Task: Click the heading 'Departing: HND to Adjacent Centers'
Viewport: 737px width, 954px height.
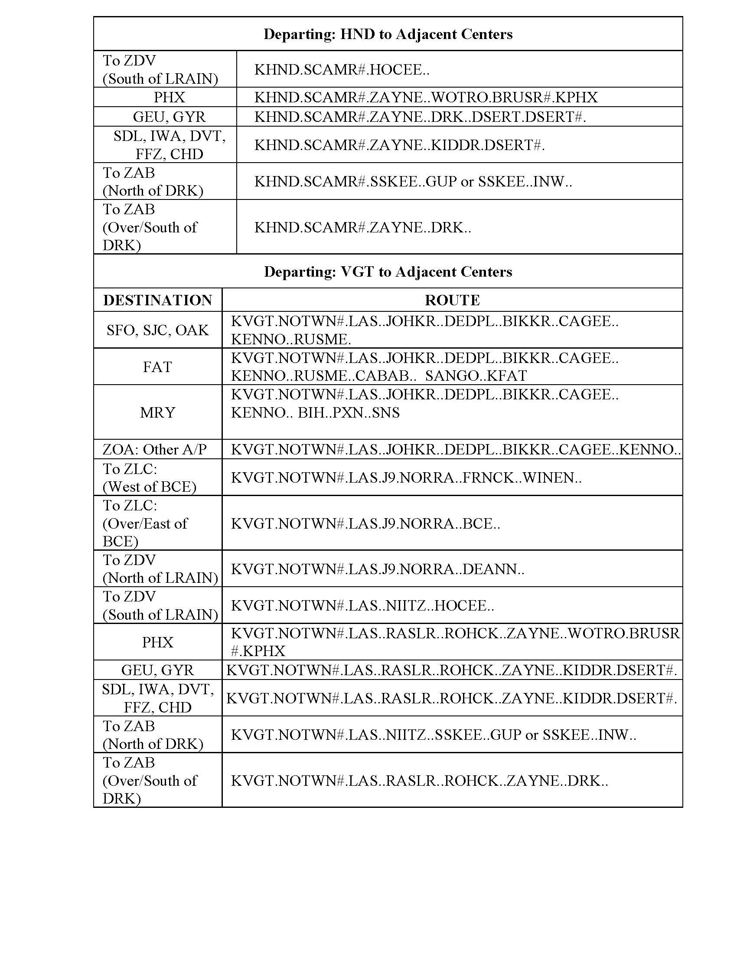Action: (388, 34)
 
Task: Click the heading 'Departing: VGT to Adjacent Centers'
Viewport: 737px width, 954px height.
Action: (388, 272)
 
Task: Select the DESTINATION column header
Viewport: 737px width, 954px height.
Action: (158, 300)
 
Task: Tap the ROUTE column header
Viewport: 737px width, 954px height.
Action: (452, 300)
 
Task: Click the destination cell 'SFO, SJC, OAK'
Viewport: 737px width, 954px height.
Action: (158, 330)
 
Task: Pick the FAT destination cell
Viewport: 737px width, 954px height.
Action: (158, 367)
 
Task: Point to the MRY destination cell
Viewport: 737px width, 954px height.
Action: (158, 412)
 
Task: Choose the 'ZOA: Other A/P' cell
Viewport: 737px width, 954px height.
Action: (155, 450)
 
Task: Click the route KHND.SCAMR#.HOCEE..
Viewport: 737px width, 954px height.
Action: (342, 69)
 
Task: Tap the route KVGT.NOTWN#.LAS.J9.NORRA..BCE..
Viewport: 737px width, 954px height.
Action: (365, 523)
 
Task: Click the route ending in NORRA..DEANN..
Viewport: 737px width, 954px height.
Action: (377, 569)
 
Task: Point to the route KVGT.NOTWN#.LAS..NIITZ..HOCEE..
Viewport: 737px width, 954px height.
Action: (362, 606)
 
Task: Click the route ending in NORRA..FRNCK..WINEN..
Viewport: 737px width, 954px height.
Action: (406, 477)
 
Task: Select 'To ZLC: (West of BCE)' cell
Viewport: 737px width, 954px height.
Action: (150, 477)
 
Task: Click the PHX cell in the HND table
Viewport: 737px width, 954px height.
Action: (170, 97)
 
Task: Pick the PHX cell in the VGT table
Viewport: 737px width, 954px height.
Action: (158, 642)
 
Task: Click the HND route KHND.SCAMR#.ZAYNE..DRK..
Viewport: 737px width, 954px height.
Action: (362, 228)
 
